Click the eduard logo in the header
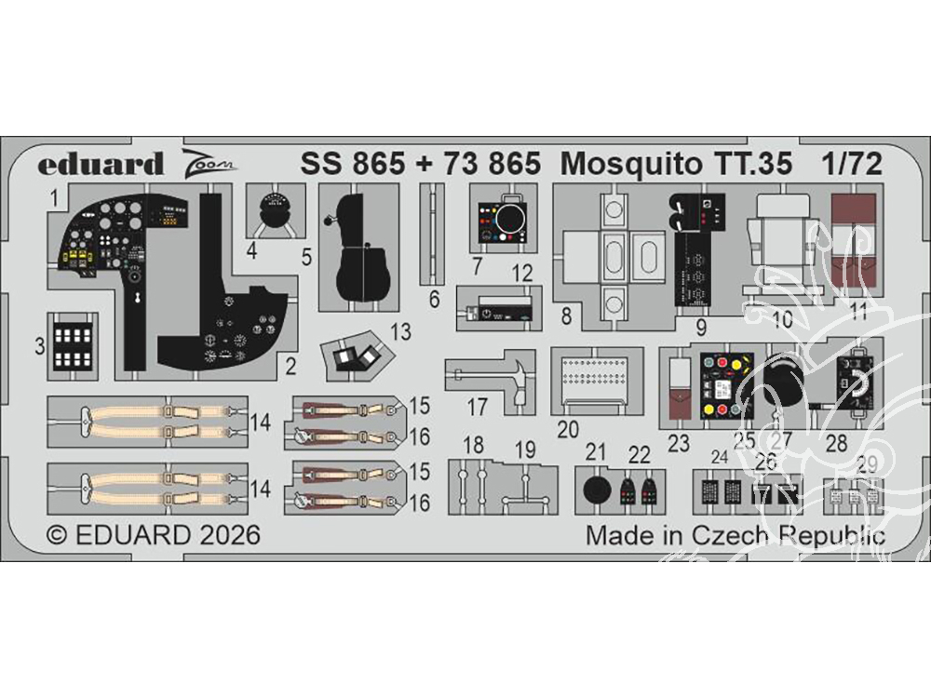point(101,165)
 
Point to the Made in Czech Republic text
point(735,536)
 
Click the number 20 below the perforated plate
point(568,429)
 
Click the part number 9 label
point(701,328)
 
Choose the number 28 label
point(838,444)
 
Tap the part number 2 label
point(290,367)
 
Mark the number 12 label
point(521,274)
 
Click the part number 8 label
point(565,316)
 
